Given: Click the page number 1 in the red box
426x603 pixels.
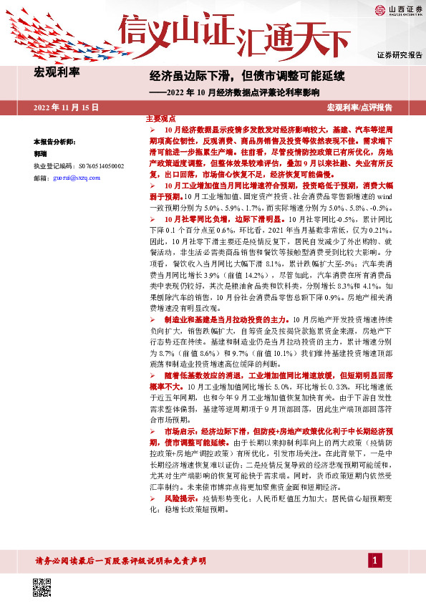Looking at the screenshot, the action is (x=374, y=559).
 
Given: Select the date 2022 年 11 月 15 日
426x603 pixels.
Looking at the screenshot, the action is (x=65, y=107).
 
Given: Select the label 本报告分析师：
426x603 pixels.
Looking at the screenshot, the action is (x=54, y=142).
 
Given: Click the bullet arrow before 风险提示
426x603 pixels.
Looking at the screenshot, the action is (x=151, y=498).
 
